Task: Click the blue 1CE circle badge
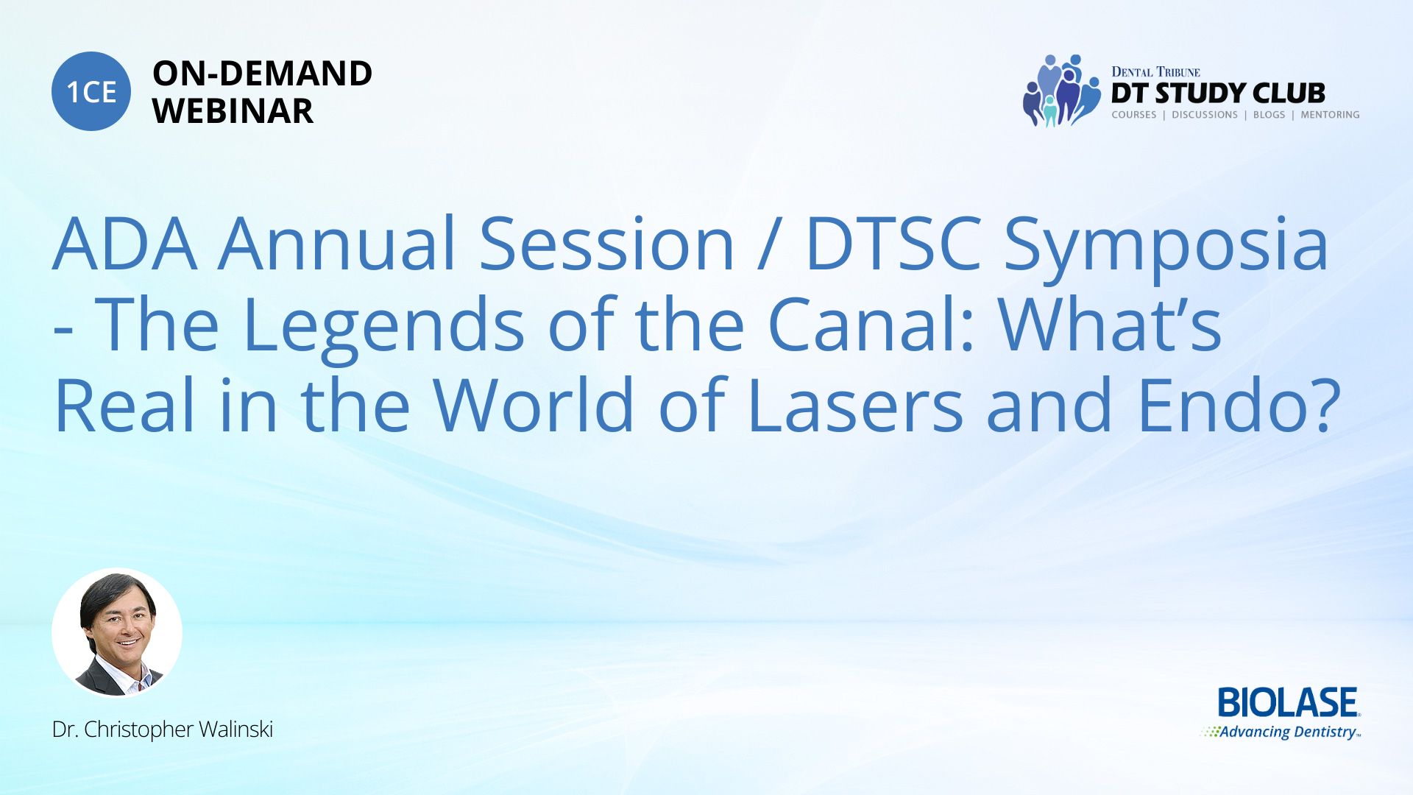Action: [91, 91]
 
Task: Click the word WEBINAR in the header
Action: [233, 111]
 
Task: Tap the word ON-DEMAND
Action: [262, 74]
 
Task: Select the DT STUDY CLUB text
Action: [1218, 93]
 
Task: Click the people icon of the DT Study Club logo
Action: [1060, 91]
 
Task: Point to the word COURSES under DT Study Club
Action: [1133, 115]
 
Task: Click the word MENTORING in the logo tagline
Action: [1330, 115]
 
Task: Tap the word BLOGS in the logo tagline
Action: [1269, 115]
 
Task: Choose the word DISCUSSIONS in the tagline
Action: [1205, 115]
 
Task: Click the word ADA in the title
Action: [125, 244]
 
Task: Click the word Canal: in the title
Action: [871, 324]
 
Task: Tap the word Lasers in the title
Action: [855, 404]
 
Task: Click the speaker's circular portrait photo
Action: [117, 633]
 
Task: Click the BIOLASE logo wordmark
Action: [1289, 703]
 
